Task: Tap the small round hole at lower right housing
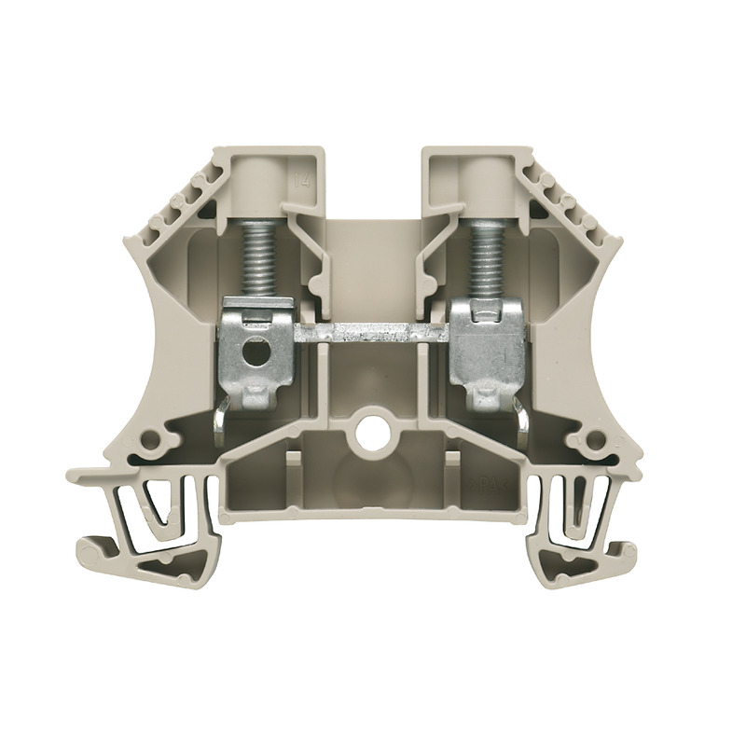point(590,436)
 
